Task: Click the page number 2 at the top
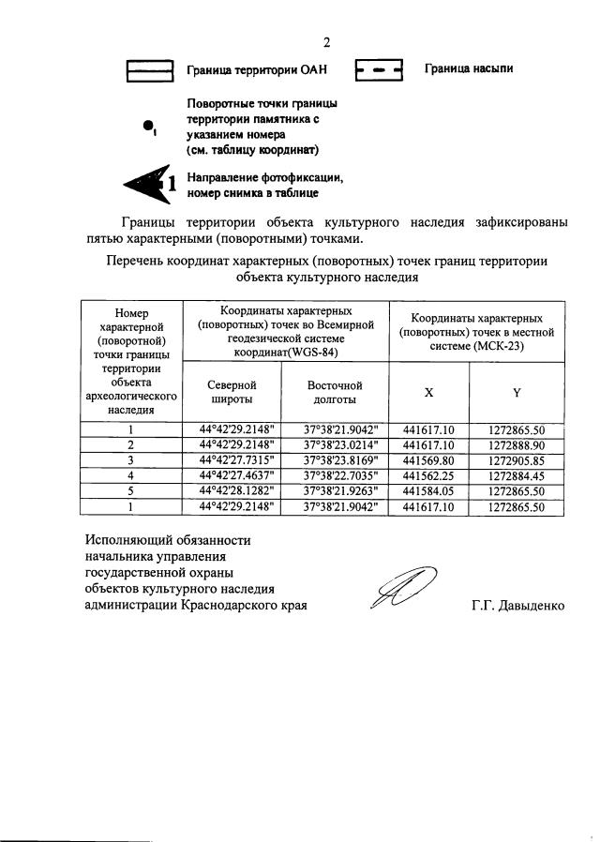[327, 41]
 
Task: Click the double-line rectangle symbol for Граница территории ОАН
[150, 70]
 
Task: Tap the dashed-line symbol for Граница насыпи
[379, 70]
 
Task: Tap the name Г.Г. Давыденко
[517, 606]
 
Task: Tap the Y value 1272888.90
[517, 444]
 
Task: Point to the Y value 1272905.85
[517, 460]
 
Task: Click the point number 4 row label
[130, 476]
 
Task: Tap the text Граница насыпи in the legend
[468, 68]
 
